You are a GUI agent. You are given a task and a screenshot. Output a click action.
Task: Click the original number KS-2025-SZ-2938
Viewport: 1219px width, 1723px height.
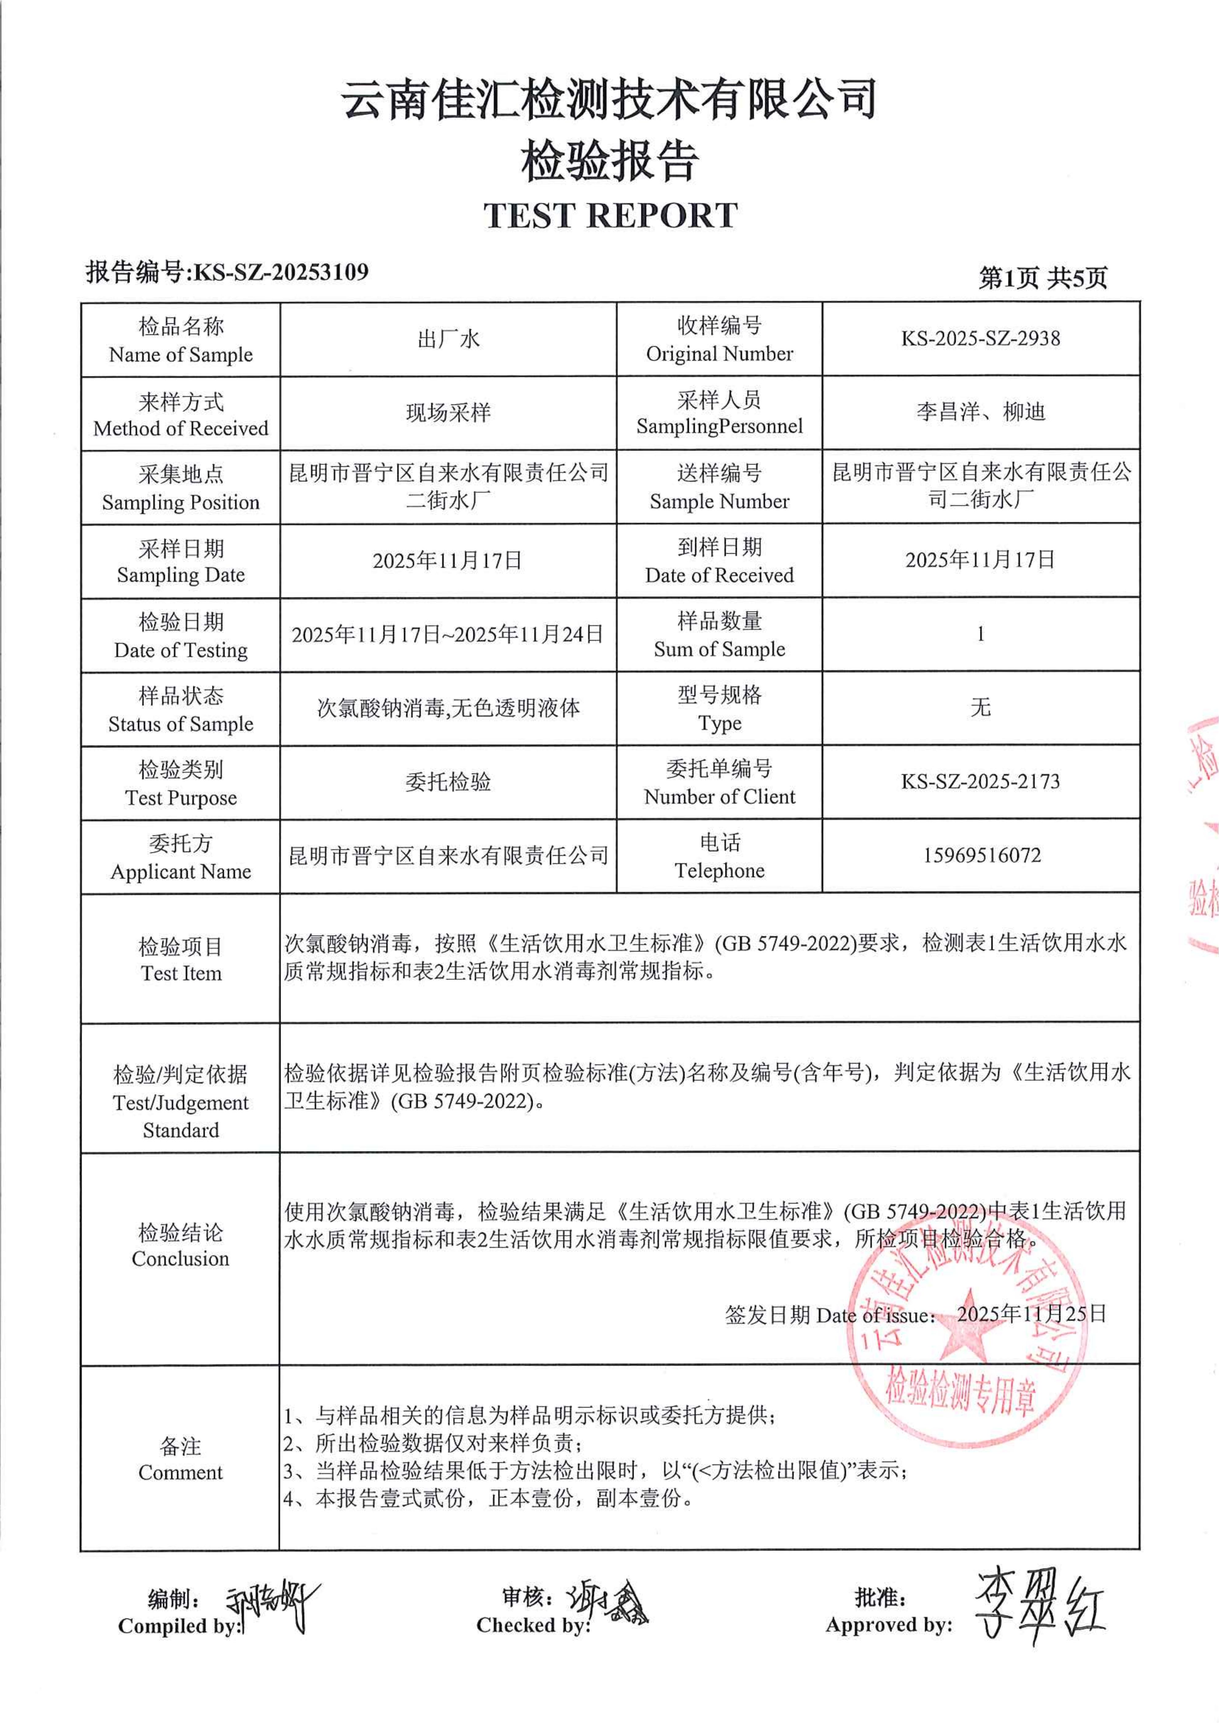pos(980,339)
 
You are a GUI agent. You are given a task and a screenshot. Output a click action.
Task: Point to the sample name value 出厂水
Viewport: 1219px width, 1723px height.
pos(448,339)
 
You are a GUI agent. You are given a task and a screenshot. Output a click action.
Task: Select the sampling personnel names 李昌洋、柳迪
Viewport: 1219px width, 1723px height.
pos(980,412)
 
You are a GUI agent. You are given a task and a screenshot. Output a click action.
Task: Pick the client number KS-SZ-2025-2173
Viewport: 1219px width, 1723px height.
pos(980,782)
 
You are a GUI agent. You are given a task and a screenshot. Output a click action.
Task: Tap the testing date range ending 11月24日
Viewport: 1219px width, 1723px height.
pos(448,635)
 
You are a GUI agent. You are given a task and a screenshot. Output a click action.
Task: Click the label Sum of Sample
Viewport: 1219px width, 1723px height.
pos(719,649)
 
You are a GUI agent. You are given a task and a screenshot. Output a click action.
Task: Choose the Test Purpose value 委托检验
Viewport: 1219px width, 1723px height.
pos(448,782)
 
